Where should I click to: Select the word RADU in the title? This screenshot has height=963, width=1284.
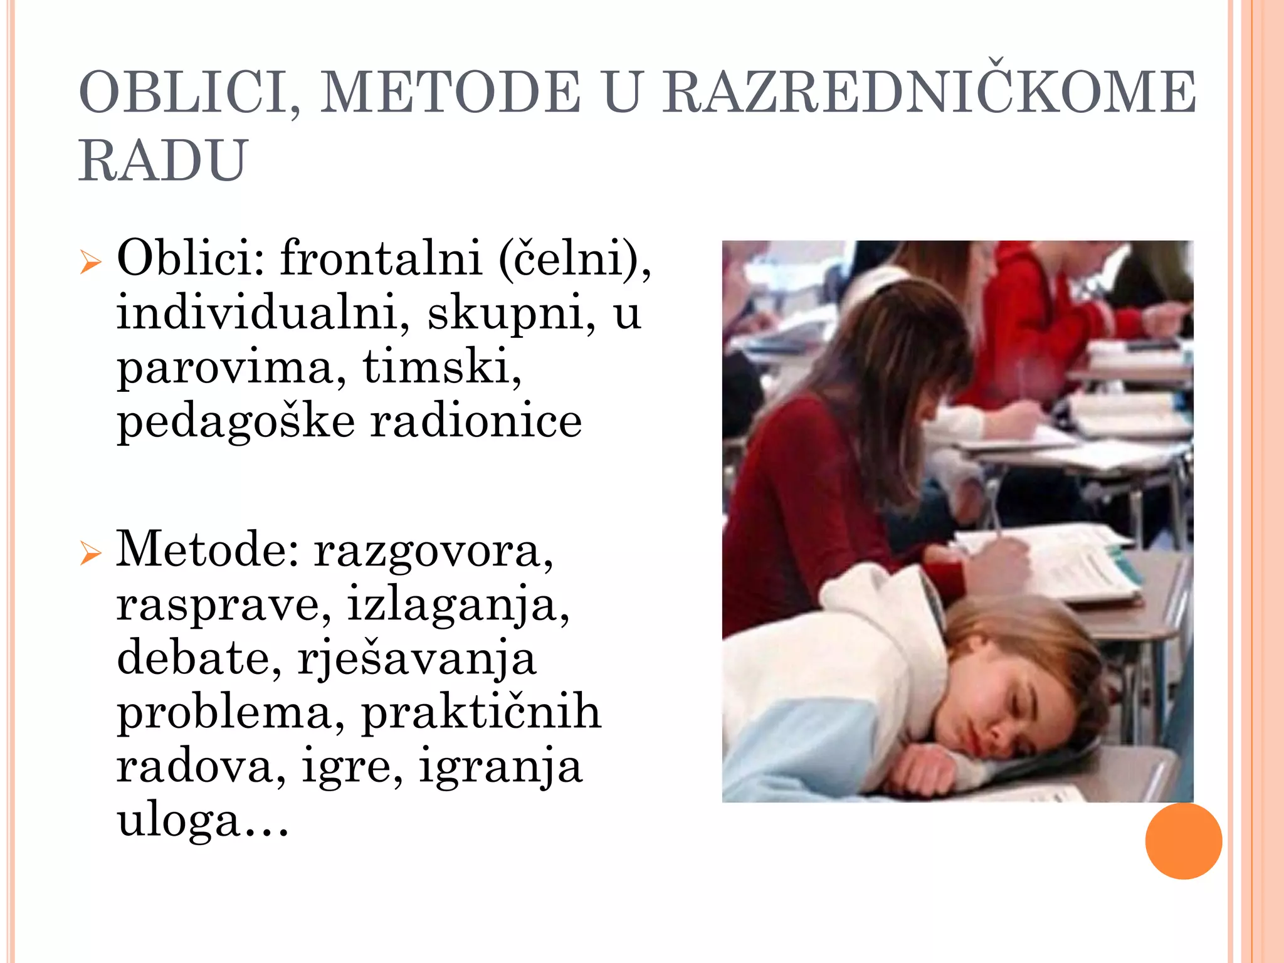[163, 160]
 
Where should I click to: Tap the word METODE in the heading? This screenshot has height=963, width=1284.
[450, 93]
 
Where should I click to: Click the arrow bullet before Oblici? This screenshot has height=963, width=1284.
[90, 261]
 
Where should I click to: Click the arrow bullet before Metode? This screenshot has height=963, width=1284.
[90, 553]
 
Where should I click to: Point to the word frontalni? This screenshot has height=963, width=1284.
[381, 258]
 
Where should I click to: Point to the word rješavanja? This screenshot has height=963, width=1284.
[417, 659]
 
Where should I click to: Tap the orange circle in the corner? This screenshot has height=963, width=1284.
[1183, 841]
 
